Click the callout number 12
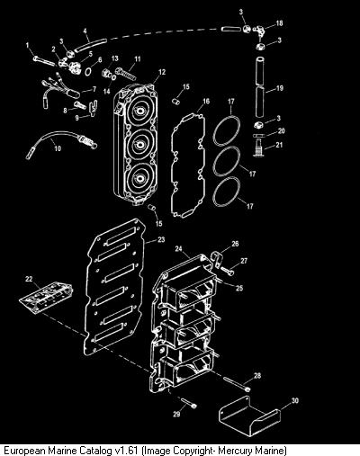coord(162,72)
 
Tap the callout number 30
coord(295,400)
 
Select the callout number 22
coord(29,279)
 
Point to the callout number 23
coord(161,239)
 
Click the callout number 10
coord(58,148)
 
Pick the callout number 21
coord(279,145)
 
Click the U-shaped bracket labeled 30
coord(250,415)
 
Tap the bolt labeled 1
coord(44,60)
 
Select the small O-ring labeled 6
coord(89,72)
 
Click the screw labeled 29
coord(189,403)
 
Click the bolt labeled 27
coord(228,271)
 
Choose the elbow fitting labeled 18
coord(258,31)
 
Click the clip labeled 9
coord(94,108)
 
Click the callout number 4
coord(85,31)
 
